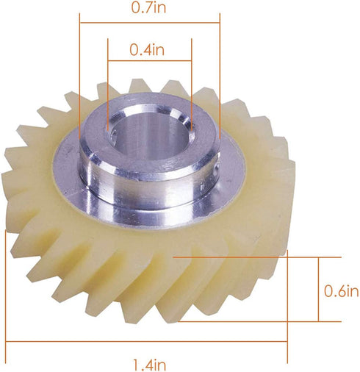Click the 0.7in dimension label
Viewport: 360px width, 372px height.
click(x=149, y=9)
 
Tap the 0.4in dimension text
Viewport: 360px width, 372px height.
click(x=149, y=50)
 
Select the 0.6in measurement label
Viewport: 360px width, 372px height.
click(x=342, y=290)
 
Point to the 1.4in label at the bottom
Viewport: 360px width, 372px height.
click(x=150, y=363)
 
